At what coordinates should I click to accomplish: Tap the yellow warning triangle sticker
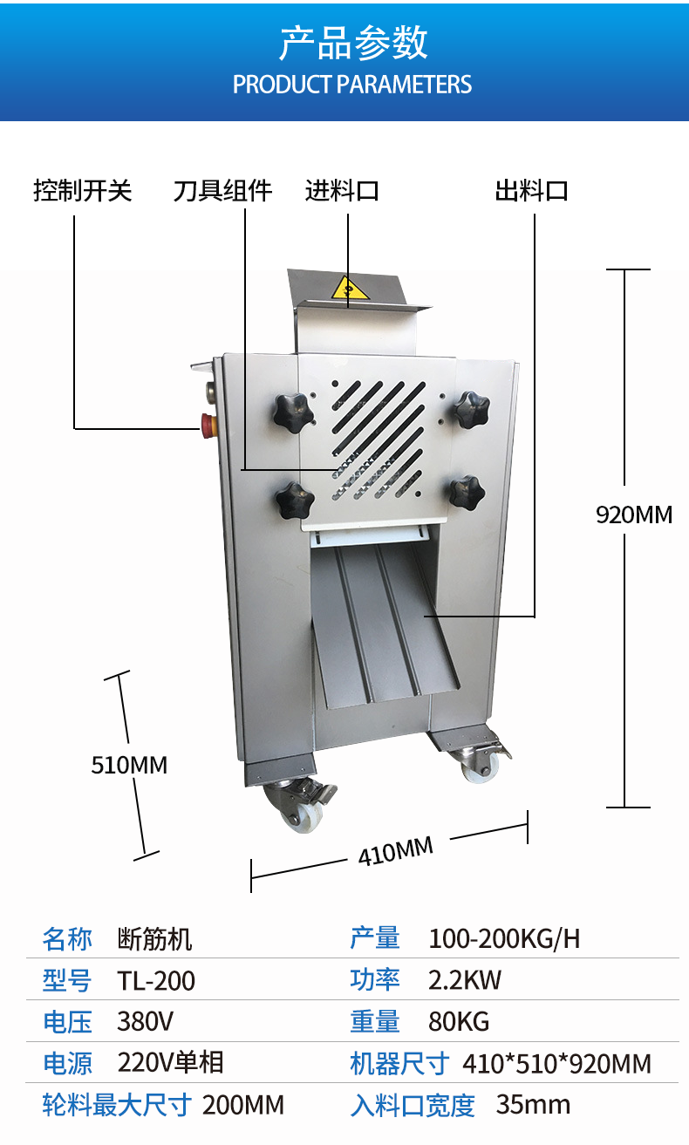pos(349,290)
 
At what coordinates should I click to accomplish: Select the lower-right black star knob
pos(466,492)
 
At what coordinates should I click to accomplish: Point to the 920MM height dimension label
pos(634,515)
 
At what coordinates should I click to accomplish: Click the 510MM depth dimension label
pos(129,765)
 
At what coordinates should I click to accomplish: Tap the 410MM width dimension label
pos(395,850)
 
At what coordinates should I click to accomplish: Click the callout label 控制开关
pos(82,191)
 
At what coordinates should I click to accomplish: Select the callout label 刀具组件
pos(222,191)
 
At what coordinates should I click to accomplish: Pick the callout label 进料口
pos(342,191)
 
